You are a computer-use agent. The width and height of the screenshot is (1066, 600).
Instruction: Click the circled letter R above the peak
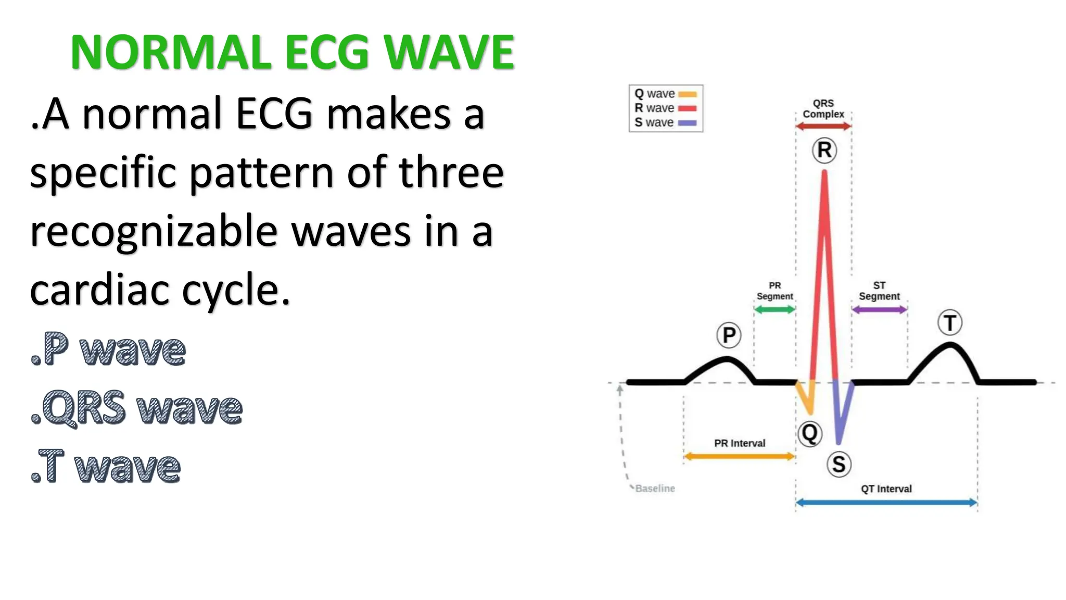pos(824,150)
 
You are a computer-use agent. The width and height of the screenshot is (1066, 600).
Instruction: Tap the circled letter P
pos(729,335)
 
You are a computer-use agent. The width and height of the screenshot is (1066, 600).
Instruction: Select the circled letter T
pos(950,323)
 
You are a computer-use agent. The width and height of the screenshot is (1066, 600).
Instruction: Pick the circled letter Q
pos(810,433)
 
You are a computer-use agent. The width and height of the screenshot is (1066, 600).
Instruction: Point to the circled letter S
pos(839,464)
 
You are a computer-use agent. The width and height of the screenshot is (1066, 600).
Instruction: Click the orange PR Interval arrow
pos(739,457)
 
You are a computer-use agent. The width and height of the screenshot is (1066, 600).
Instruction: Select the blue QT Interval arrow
pos(886,503)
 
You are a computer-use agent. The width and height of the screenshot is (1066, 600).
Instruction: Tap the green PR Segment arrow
pos(775,310)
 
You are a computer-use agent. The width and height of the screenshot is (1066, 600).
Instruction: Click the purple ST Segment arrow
pos(879,310)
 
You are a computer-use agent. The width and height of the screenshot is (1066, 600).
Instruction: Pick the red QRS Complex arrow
pos(823,126)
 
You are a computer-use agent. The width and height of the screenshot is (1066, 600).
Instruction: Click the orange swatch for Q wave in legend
pos(688,94)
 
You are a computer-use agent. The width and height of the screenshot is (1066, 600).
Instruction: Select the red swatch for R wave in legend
pos(688,108)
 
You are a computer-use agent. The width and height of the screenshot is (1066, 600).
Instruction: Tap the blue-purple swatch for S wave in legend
pos(688,123)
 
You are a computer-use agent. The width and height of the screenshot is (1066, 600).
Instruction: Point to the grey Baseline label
pos(655,489)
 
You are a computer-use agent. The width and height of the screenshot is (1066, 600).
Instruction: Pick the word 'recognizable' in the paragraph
pos(154,231)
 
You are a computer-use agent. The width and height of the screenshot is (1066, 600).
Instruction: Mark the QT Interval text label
pos(886,489)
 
